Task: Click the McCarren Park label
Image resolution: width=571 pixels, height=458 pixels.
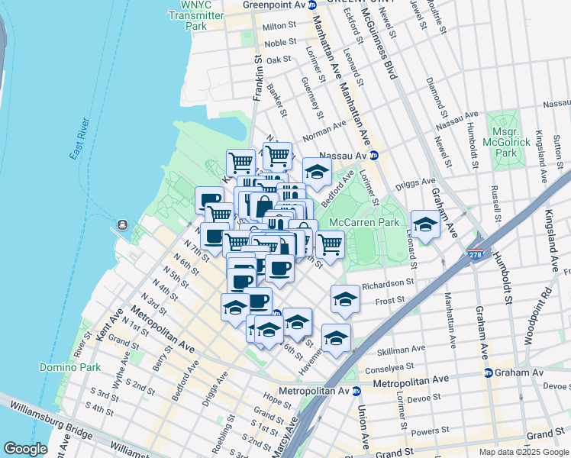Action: click(x=364, y=222)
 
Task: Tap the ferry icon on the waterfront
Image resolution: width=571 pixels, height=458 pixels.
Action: click(x=123, y=227)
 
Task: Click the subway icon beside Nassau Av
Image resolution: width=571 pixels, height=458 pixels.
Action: click(x=374, y=155)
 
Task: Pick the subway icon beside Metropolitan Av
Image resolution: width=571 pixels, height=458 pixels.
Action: click(x=356, y=391)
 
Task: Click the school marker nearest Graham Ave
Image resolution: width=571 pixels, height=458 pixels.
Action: click(x=425, y=224)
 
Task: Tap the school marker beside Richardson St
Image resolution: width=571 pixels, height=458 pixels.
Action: click(x=345, y=298)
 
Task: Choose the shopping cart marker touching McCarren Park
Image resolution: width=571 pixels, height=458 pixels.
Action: click(x=330, y=245)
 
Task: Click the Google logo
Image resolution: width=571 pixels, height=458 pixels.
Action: click(x=26, y=449)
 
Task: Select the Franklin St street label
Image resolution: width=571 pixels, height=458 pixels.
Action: click(x=258, y=77)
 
